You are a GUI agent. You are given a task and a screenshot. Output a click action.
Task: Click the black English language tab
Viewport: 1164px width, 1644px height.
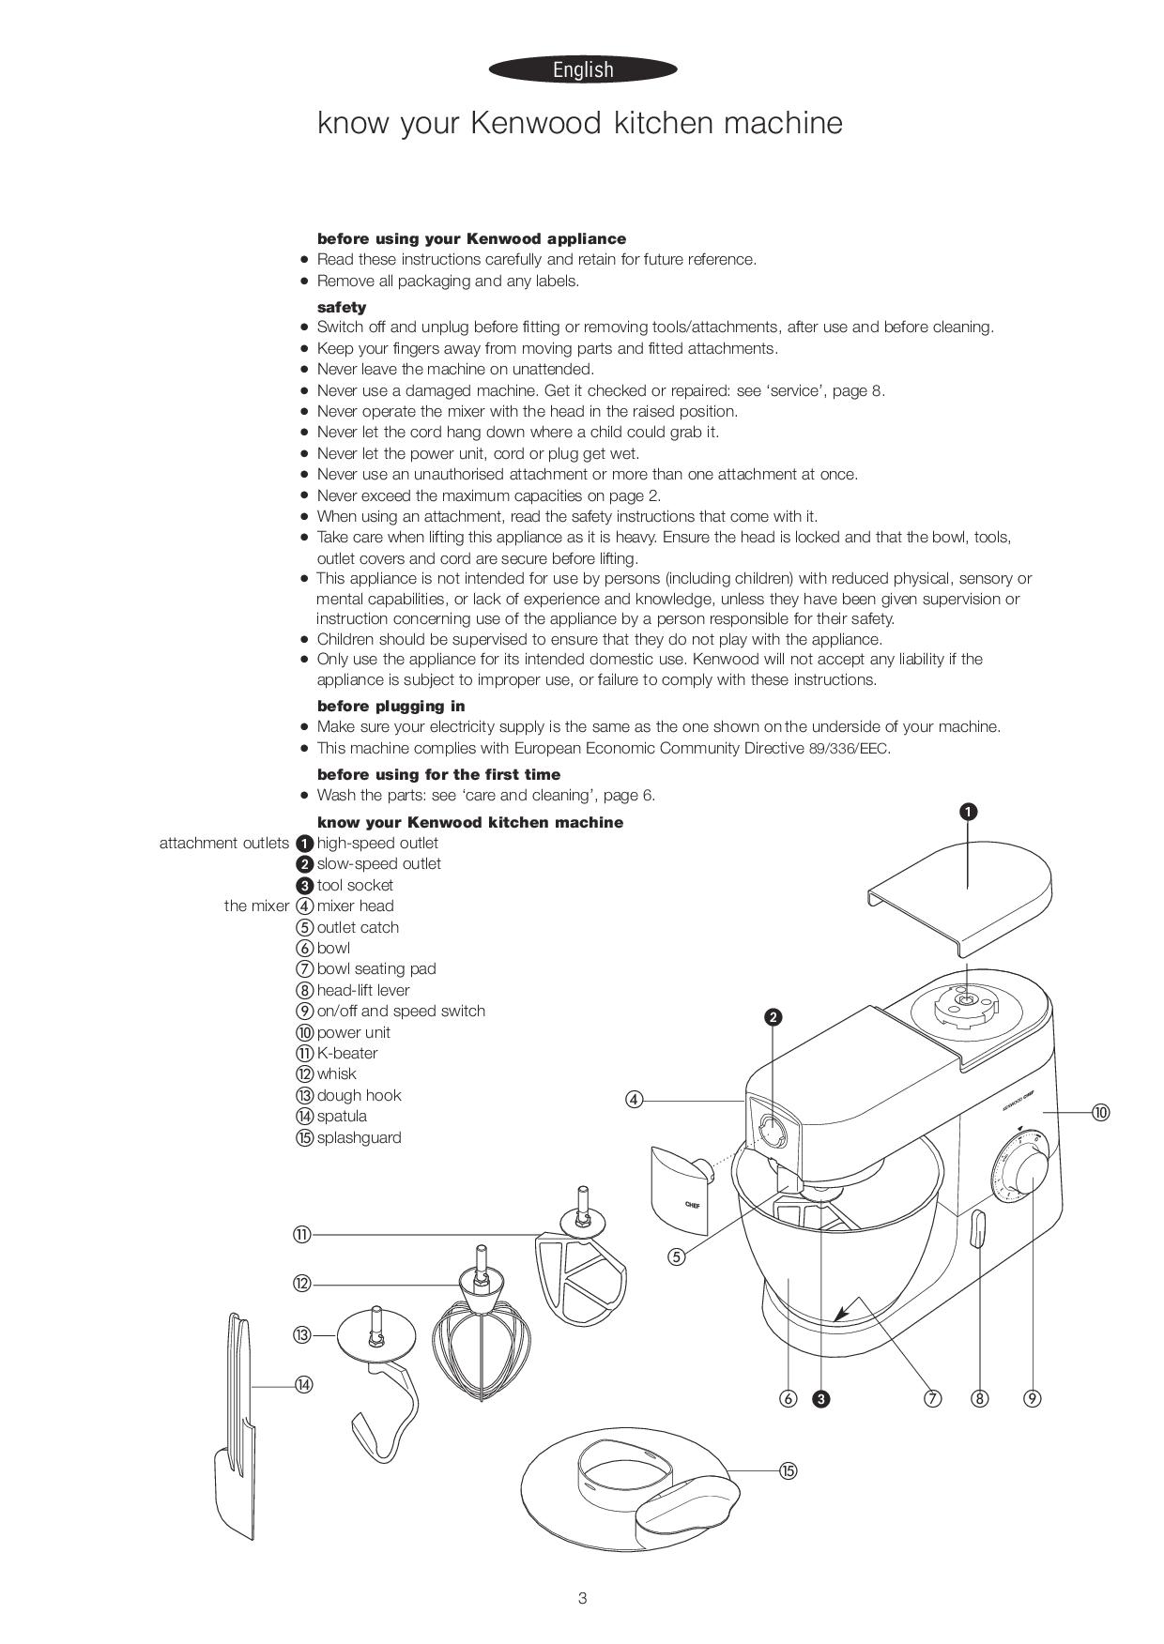point(583,69)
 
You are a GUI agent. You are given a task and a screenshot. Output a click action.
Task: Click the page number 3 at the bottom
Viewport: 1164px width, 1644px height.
point(582,1598)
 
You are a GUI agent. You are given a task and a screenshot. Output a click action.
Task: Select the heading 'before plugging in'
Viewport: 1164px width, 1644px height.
point(391,706)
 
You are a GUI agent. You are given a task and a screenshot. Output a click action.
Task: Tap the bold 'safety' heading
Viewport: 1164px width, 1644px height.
point(342,307)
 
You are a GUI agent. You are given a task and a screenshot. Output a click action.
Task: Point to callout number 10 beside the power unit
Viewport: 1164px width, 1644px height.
point(1100,1112)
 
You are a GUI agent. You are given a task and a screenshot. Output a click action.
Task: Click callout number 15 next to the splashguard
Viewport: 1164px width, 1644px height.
point(789,1470)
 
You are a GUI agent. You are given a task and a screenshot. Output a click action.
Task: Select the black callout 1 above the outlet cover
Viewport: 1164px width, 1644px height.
point(969,812)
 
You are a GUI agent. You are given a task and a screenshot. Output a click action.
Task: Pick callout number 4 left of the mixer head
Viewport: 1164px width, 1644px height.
point(635,1100)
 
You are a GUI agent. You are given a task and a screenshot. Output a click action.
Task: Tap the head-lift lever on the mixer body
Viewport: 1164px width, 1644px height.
point(977,1230)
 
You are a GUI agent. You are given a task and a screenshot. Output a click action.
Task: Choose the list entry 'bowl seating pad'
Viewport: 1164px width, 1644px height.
point(376,968)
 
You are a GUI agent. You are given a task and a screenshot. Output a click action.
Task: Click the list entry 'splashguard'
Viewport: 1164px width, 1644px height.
point(359,1137)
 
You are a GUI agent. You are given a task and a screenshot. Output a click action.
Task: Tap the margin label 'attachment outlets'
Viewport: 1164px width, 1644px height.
point(224,843)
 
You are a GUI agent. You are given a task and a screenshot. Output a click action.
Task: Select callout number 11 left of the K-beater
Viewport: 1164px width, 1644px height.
point(301,1235)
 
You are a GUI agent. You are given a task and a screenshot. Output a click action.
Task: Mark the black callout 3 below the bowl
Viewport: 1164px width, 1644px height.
point(821,1399)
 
